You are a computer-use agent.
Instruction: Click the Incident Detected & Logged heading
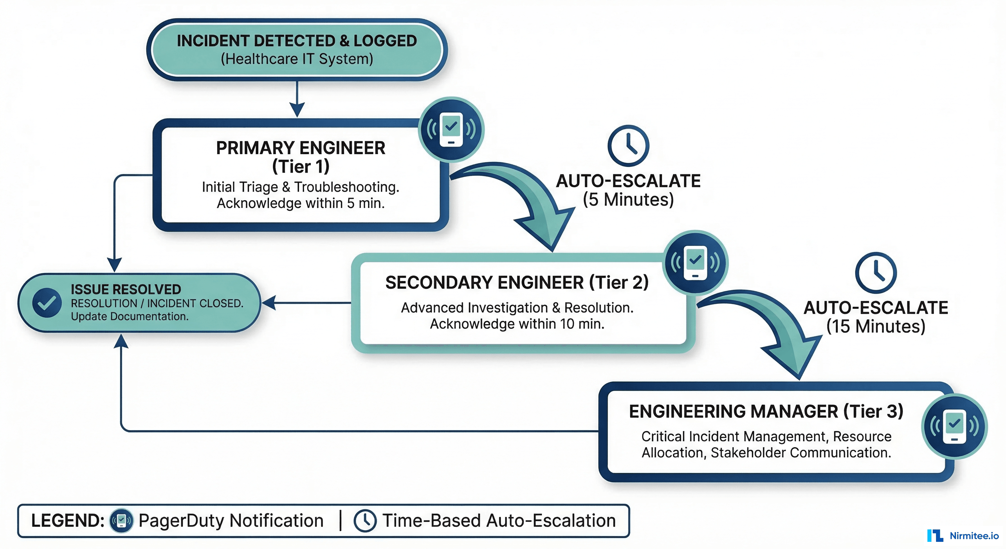297,41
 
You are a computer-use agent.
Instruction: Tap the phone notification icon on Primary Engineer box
451,130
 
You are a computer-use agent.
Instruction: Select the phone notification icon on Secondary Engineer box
695,263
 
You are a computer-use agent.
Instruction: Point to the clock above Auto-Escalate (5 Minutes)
628,146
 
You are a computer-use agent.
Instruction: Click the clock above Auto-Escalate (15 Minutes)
876,273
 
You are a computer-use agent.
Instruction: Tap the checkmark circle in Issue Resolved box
47,302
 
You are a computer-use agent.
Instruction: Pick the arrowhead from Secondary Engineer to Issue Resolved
269,302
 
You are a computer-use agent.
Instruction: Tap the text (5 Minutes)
628,200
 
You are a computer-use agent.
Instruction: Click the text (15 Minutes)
876,326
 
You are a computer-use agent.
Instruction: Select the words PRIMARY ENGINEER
301,148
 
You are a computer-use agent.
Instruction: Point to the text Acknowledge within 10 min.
517,324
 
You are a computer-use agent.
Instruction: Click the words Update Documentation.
130,317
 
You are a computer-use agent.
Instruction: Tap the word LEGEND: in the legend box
68,520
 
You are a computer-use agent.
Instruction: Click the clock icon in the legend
365,520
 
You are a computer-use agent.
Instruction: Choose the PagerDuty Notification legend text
231,520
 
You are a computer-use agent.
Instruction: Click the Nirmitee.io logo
963,536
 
